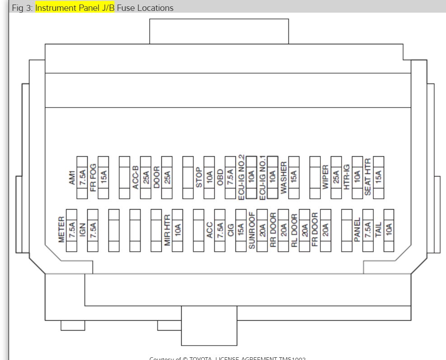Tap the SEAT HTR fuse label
click(x=368, y=177)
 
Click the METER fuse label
click(x=61, y=230)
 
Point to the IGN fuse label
click(x=82, y=230)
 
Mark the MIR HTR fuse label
click(x=167, y=230)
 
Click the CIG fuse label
click(x=231, y=230)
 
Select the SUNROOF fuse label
click(x=252, y=230)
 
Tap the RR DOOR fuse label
click(x=273, y=230)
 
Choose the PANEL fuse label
click(x=357, y=230)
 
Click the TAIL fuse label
click(x=379, y=230)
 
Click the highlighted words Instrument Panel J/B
click(x=75, y=8)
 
